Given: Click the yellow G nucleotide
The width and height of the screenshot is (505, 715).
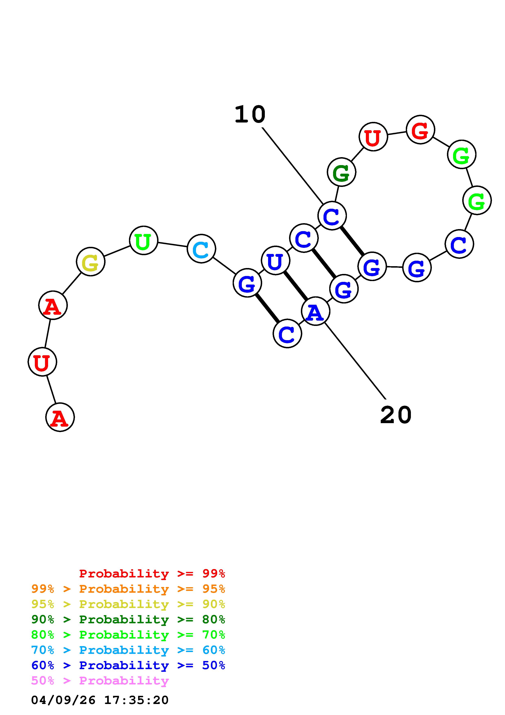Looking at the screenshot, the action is pyautogui.click(x=90, y=262).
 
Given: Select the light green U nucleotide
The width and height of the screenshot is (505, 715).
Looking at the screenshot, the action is pyautogui.click(x=143, y=241).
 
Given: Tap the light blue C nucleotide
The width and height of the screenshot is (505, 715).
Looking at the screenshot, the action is pyautogui.click(x=201, y=249).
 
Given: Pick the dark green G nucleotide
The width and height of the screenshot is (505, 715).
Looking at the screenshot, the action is pyautogui.click(x=341, y=172).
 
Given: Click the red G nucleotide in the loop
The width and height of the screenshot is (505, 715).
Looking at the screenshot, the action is pyautogui.click(x=420, y=130).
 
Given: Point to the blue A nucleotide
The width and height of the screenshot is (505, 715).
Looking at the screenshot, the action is pyautogui.click(x=315, y=311).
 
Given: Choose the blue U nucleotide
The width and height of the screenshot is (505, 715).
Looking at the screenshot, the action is pyautogui.click(x=275, y=261).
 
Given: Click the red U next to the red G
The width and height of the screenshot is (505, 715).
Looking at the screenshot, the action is pyautogui.click(x=373, y=137).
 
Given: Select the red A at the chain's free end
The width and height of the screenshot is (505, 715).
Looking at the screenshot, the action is pyautogui.click(x=60, y=417).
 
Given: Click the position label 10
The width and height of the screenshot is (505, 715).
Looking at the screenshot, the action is pyautogui.click(x=250, y=114).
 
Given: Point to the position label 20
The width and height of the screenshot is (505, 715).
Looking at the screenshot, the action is pyautogui.click(x=396, y=415).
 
